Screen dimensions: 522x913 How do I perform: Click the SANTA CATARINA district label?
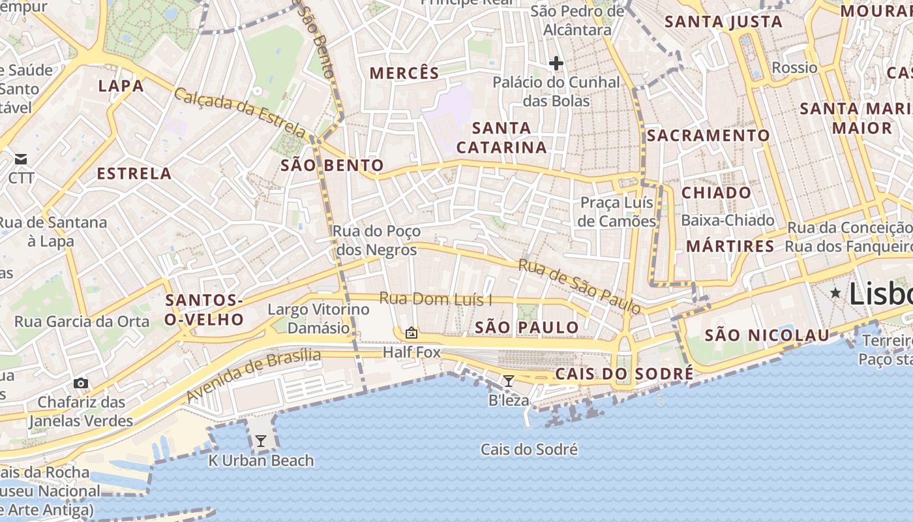coord(501,138)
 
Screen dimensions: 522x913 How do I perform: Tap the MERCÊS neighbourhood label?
coord(404,73)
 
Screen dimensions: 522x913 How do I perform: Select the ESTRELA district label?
coord(134,174)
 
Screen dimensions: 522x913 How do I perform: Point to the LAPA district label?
coord(121,86)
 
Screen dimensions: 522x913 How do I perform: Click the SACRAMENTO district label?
coord(708,136)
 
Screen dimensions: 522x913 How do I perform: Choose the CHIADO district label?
coord(716,193)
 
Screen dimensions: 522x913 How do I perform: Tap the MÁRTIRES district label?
coord(730,247)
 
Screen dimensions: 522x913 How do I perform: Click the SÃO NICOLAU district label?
coord(767,335)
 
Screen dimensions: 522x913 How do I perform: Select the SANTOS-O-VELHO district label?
coord(204,310)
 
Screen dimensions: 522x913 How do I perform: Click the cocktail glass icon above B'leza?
coord(509,380)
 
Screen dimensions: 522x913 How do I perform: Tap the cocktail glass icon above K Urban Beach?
coord(261,441)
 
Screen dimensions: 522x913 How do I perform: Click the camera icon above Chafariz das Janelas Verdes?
coord(81,383)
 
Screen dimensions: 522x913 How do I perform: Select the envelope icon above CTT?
coord(21,159)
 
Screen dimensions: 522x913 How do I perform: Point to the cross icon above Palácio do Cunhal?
coord(556,63)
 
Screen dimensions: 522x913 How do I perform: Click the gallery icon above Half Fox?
coord(411,333)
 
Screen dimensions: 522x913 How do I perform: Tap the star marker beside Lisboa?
coord(835,294)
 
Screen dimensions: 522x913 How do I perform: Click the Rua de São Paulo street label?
coord(579,286)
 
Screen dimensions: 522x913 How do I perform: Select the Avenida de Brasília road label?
coord(253,375)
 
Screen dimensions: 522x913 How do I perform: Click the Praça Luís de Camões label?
coord(618,212)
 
